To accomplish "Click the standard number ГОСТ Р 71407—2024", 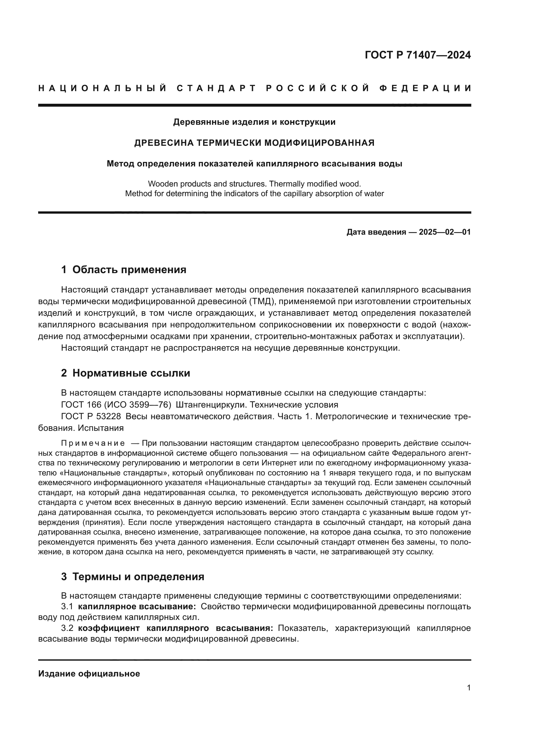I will (x=417, y=55).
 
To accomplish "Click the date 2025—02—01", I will (x=445, y=232).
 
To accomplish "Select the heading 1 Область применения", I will (x=124, y=270).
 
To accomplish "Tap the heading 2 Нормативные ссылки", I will (x=126, y=373).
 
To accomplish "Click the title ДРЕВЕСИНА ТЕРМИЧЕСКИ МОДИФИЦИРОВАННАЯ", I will (x=254, y=143).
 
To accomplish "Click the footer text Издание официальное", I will (x=89, y=674).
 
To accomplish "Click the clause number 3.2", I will (x=67, y=628).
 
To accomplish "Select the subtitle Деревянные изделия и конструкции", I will (x=254, y=122).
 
